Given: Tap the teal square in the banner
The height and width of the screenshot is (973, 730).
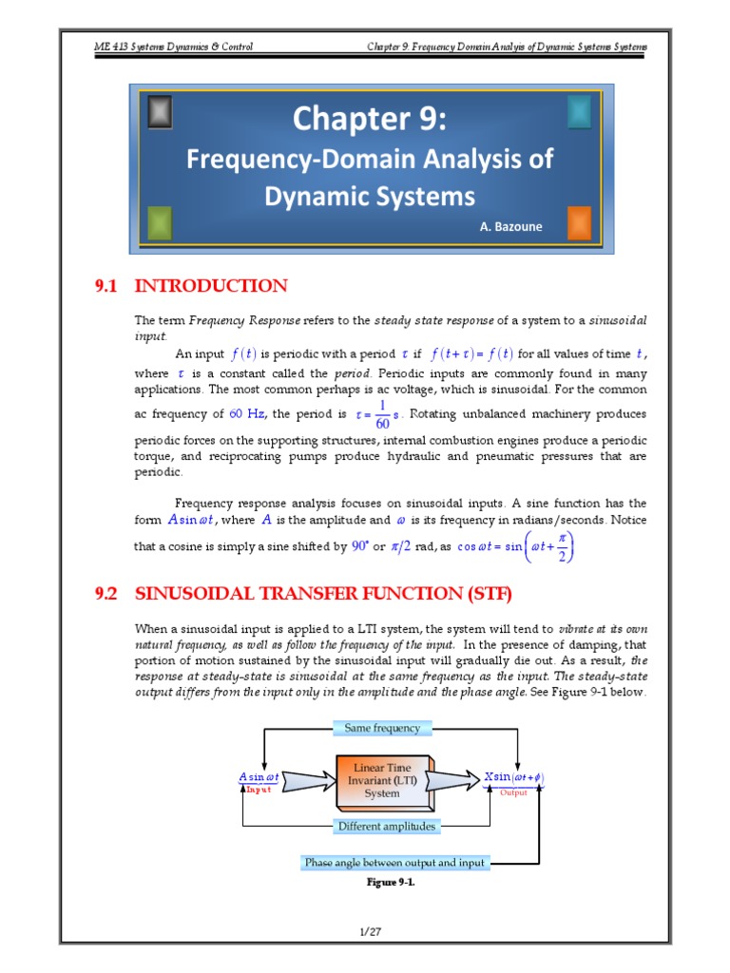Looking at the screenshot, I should tap(578, 113).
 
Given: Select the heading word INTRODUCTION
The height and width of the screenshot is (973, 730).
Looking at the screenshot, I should tap(211, 286).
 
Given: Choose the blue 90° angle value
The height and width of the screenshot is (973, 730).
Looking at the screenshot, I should tap(360, 546).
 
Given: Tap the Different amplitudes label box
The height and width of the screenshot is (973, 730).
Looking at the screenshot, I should tap(387, 826).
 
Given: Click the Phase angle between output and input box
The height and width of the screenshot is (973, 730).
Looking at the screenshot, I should tap(394, 862).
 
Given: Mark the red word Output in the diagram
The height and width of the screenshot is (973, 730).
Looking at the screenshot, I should tap(513, 792).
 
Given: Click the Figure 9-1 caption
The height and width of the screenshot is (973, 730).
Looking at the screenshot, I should tap(391, 882).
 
